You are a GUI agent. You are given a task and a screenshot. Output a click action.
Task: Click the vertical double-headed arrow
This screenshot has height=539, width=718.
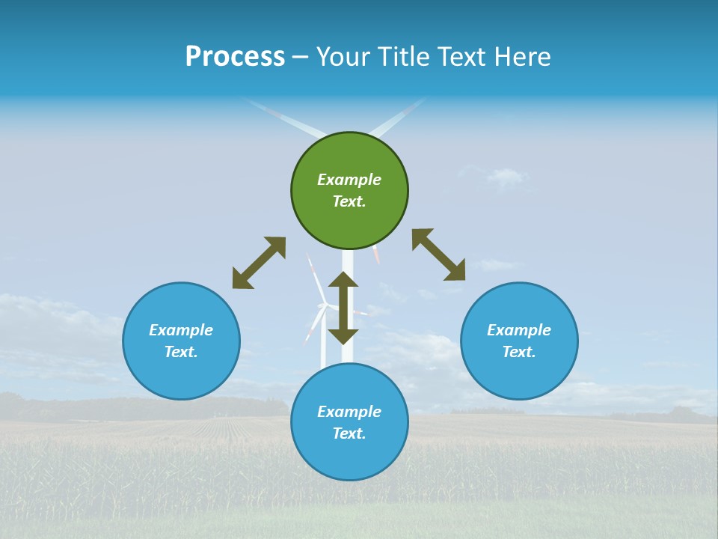point(343,308)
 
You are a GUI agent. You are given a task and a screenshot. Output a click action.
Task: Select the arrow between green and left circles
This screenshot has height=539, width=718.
point(259,263)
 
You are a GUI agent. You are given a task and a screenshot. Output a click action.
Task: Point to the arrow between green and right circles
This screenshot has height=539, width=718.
point(438,255)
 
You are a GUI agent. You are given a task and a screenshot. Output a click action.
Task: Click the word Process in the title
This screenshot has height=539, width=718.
point(235,57)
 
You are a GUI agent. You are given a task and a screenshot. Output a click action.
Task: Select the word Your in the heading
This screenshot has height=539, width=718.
point(343,57)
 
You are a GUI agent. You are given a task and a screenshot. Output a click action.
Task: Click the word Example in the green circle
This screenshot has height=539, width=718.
point(349,180)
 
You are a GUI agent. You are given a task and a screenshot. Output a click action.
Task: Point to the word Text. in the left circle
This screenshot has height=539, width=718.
point(181,352)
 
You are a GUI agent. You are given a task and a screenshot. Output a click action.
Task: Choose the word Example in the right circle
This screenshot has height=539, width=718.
point(519,330)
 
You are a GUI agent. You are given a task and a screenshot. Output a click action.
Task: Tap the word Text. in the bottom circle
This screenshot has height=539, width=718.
point(349,433)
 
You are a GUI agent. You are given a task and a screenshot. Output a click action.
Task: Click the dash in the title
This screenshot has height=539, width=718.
point(301,58)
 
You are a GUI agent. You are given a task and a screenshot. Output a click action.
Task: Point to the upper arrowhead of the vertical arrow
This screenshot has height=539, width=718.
point(343,279)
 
